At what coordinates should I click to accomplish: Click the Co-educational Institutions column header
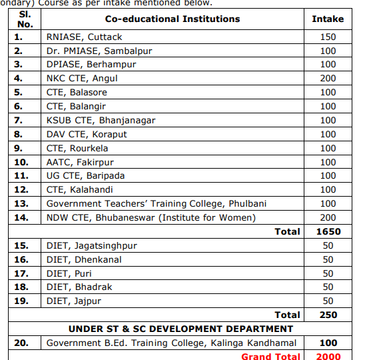(x=173, y=19)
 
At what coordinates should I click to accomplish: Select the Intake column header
(x=328, y=19)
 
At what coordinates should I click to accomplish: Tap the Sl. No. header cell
(x=24, y=18)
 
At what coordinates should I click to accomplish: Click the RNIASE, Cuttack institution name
(x=84, y=37)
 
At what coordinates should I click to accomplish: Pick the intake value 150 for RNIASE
(x=328, y=37)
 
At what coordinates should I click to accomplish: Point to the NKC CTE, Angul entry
(x=83, y=78)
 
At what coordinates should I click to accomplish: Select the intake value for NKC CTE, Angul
(x=328, y=78)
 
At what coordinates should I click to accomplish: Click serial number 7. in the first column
(x=19, y=120)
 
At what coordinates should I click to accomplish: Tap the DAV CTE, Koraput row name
(x=87, y=134)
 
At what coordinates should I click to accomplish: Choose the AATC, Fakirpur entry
(x=80, y=162)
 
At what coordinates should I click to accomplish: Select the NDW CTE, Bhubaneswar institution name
(x=151, y=217)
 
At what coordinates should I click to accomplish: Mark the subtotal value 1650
(x=328, y=231)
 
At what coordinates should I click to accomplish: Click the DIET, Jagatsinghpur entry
(x=91, y=245)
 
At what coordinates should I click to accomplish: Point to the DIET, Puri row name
(x=69, y=273)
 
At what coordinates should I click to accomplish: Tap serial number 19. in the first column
(x=21, y=301)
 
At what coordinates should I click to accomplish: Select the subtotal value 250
(x=328, y=315)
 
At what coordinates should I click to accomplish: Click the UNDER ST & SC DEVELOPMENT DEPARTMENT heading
(x=181, y=329)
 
